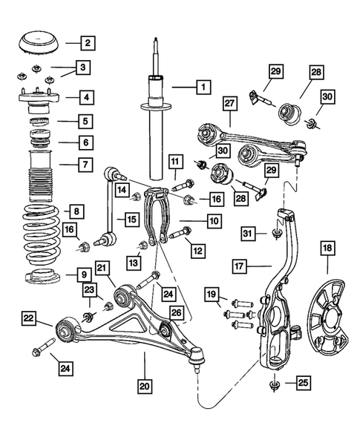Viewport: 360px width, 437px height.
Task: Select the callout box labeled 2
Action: [x=88, y=42]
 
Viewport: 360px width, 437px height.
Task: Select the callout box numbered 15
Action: [x=131, y=219]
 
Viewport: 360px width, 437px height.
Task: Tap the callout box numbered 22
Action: [x=27, y=319]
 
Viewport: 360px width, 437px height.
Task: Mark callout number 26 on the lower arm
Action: [x=176, y=313]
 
